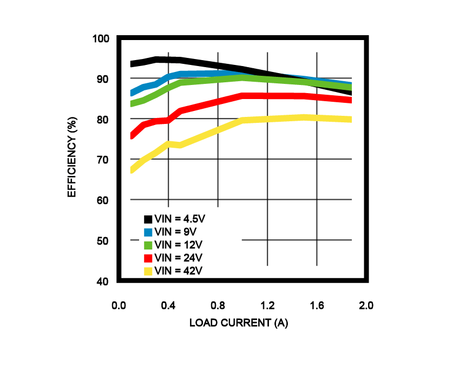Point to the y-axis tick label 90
(103, 79)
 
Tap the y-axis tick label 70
(103, 160)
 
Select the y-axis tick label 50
(103, 241)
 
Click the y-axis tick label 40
(103, 281)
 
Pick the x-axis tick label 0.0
(119, 306)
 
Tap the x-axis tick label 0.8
(218, 306)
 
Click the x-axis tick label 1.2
(267, 306)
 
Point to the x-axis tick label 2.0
(366, 306)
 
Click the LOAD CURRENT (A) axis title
(238, 323)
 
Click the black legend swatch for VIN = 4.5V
(148, 219)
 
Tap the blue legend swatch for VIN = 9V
(148, 232)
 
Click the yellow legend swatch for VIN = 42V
(148, 271)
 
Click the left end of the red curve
(132, 135)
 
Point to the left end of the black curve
(132, 64)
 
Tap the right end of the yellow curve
(351, 119)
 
